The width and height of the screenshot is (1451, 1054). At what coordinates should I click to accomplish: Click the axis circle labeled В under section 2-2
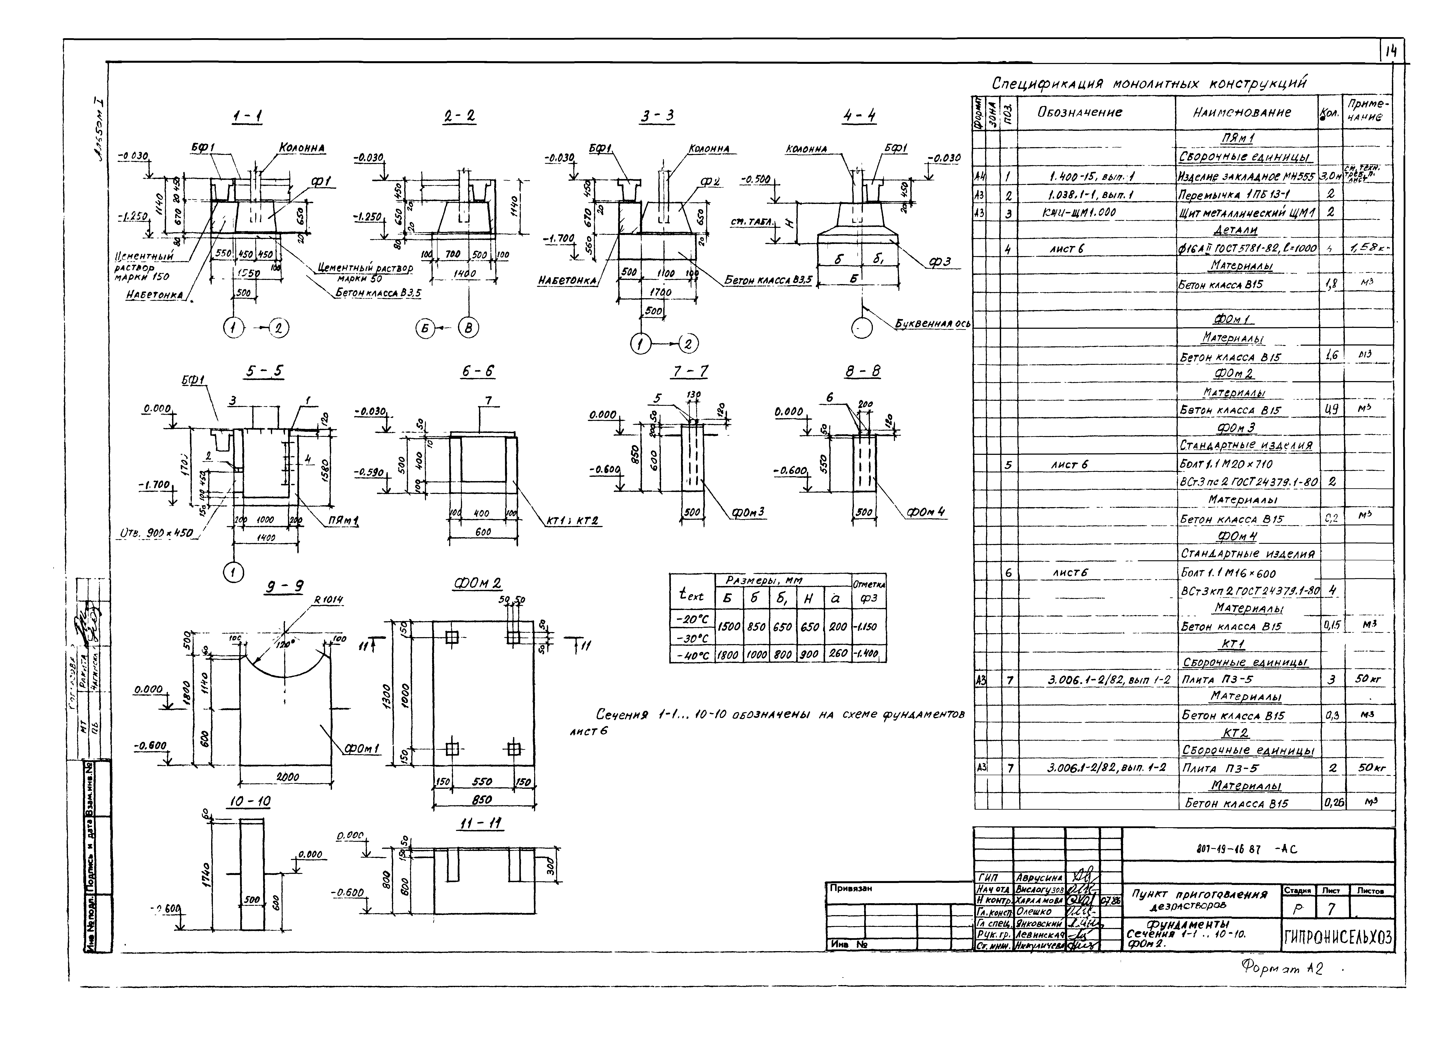(469, 328)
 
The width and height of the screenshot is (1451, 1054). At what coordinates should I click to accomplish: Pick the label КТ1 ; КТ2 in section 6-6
(572, 521)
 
